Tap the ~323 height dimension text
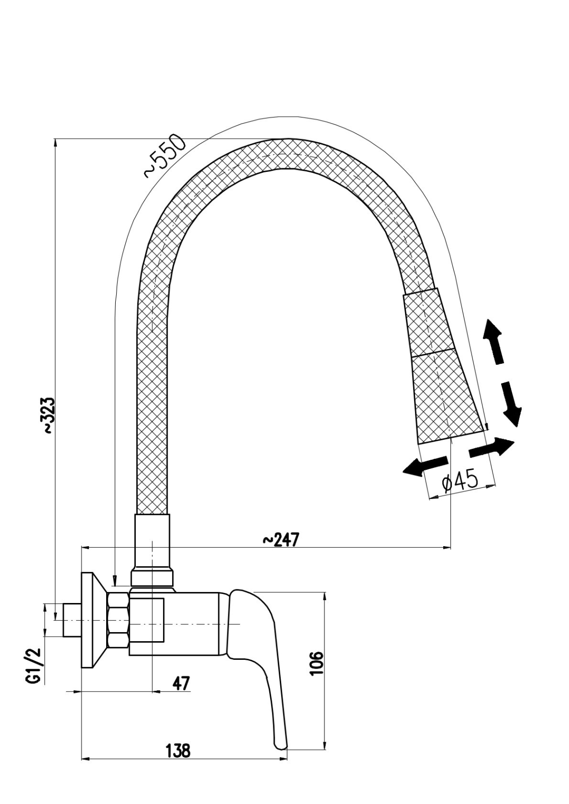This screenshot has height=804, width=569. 48,416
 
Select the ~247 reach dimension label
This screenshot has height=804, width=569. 280,540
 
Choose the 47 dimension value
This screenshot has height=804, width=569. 181,683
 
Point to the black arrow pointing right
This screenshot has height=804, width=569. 493,447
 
